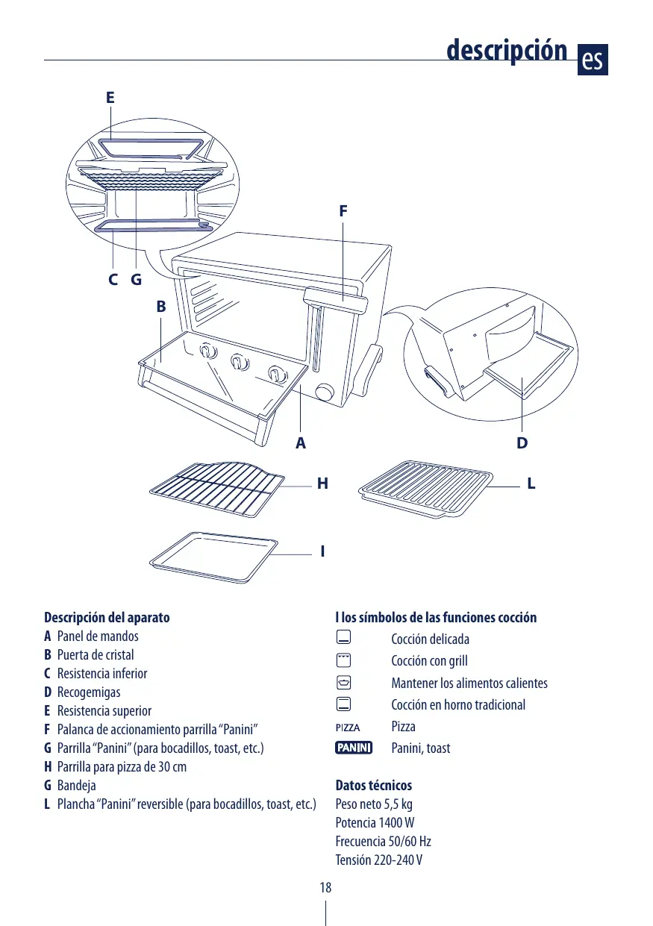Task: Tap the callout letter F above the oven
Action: (x=343, y=211)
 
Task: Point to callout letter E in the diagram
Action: (x=110, y=98)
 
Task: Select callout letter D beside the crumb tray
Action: (x=522, y=443)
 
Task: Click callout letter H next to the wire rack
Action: (x=322, y=484)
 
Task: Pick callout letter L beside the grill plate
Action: (x=531, y=484)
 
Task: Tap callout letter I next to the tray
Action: (x=322, y=552)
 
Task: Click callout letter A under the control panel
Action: (x=300, y=443)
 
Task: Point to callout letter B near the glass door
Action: (x=160, y=307)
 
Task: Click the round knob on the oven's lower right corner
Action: (x=325, y=392)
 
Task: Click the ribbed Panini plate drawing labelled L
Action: (x=426, y=489)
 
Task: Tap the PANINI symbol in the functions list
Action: (x=354, y=748)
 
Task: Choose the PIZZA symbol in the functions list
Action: (x=348, y=727)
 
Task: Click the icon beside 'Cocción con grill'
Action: (x=343, y=660)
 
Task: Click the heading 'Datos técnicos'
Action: (x=373, y=785)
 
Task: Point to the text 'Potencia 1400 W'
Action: (x=375, y=822)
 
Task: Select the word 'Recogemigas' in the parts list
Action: (x=89, y=692)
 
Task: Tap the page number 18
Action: (x=325, y=887)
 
